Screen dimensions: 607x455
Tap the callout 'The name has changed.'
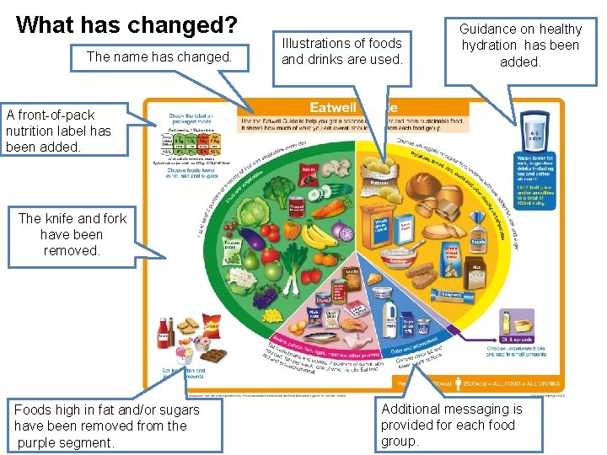click(158, 57)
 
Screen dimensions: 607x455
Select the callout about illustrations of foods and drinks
click(341, 51)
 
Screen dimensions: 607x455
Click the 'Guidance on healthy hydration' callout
click(520, 45)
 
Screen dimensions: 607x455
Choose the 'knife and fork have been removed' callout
click(72, 234)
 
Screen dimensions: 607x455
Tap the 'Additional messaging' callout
click(452, 425)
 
